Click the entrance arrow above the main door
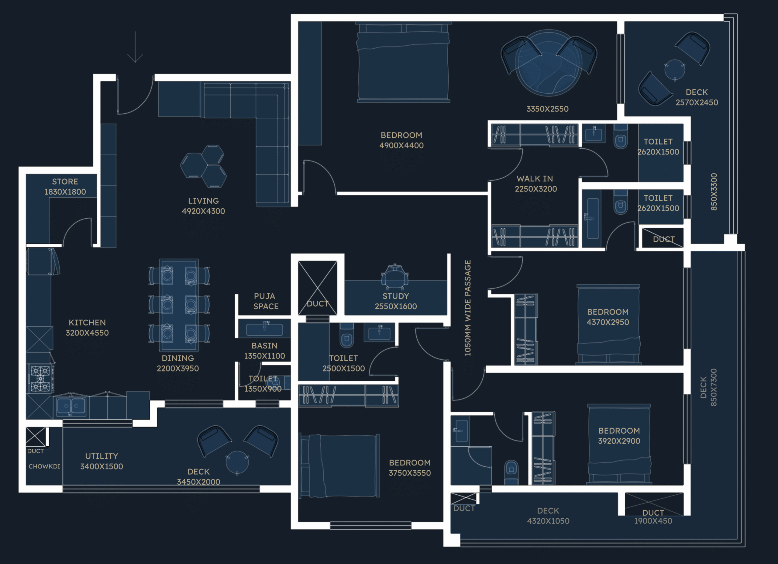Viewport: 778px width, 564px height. coord(135,47)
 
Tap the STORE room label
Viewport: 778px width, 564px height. coord(65,182)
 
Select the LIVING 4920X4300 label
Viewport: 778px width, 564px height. coord(203,206)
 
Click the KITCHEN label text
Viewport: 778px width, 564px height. coord(87,323)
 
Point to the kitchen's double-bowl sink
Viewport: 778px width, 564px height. coord(71,407)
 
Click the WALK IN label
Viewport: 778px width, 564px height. coord(535,179)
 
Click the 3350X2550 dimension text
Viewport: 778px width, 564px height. coord(547,109)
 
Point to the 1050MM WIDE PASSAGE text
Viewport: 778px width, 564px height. coord(467,308)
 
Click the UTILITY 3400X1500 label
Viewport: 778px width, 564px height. coord(102,461)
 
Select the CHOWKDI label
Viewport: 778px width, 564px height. coord(44,466)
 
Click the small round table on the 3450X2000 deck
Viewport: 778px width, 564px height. coord(237,462)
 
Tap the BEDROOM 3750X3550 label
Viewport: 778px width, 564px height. coord(410,468)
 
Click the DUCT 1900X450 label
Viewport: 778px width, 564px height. coord(653,517)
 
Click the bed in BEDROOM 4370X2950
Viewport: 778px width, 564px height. coord(608,324)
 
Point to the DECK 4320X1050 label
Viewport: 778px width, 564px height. coord(548,516)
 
